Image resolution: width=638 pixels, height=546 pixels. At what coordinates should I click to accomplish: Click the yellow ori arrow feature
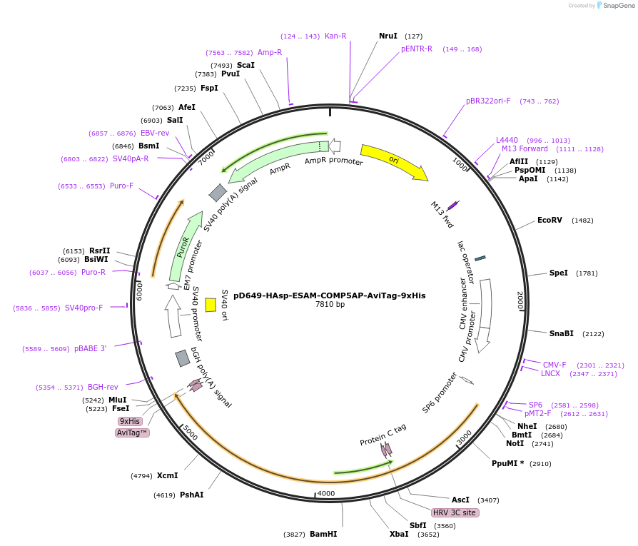point(393,161)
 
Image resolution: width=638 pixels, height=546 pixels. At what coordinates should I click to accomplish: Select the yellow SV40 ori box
point(211,305)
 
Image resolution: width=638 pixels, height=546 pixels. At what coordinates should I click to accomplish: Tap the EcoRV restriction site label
point(550,220)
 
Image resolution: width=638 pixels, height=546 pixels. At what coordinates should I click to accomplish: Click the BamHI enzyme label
point(323,534)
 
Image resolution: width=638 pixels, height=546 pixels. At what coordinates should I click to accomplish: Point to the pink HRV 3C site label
point(455,512)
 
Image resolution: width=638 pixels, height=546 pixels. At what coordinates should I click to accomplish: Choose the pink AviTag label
point(132,433)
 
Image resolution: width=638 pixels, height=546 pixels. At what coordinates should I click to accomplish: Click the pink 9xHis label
point(130,421)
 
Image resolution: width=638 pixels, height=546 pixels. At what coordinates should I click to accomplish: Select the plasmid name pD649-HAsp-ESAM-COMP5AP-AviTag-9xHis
point(329,295)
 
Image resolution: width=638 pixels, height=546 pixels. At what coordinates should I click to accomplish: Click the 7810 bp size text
point(330,305)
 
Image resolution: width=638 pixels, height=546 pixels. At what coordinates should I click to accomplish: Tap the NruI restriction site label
point(388,36)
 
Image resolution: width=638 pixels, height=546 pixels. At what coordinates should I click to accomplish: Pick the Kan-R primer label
point(335,36)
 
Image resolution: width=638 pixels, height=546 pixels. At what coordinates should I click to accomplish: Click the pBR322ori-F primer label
point(488,101)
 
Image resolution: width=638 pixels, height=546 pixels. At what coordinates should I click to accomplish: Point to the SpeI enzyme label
point(559,273)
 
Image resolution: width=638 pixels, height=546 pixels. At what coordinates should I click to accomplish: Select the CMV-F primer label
point(555,365)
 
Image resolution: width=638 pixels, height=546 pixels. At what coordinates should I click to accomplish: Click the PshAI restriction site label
point(191,495)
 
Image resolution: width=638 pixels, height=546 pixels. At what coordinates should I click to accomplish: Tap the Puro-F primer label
point(121,186)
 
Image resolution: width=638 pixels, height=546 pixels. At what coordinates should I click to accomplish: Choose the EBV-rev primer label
point(155,133)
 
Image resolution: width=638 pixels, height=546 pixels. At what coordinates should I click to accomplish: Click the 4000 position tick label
point(326,493)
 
